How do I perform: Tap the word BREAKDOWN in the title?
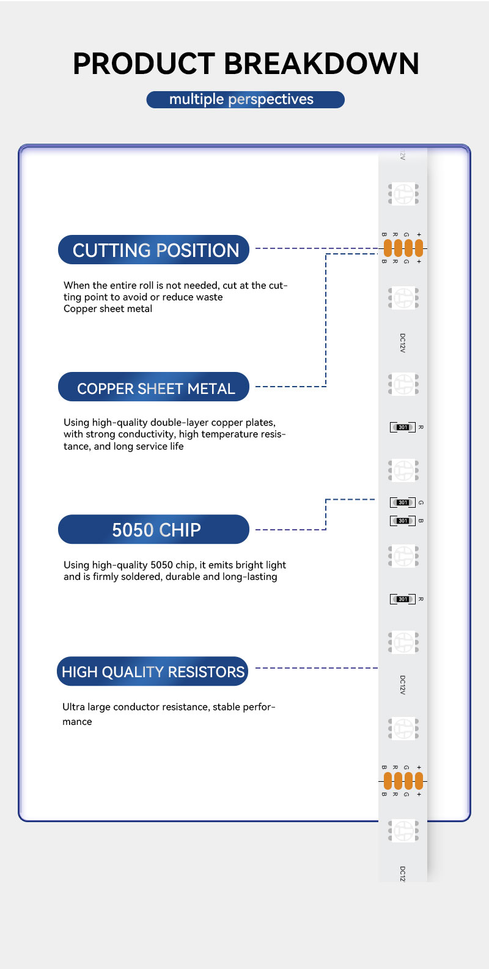321,64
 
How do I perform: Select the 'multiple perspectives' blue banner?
245,100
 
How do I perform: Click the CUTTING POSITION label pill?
154,250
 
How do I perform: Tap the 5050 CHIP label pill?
154,530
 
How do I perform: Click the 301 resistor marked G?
403,502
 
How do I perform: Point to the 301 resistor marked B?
403,521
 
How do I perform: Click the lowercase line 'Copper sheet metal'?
108,309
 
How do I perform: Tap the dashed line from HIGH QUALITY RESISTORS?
316,668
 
